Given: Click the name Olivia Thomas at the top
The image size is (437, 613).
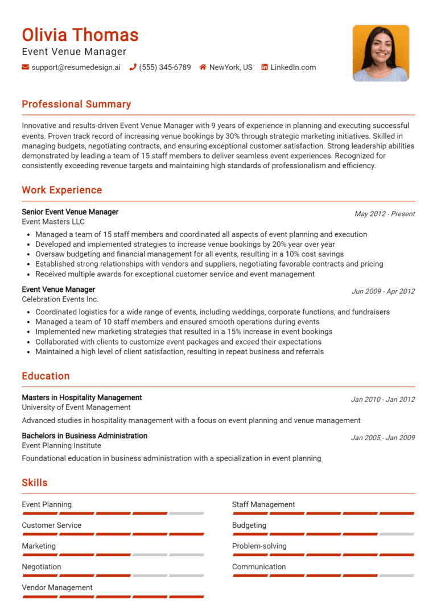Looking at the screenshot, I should pos(80,35).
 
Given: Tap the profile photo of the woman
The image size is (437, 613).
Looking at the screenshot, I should pos(381,53).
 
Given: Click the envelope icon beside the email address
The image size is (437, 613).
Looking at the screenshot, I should pos(25,67).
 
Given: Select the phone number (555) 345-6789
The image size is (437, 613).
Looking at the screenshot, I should pos(164,67).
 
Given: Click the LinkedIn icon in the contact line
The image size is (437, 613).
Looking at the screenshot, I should pos(265,67).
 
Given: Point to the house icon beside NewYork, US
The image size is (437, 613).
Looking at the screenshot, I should pos(203,67).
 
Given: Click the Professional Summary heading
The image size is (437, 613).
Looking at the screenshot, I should pos(76,104).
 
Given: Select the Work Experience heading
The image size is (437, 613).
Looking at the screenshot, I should pos(61,190).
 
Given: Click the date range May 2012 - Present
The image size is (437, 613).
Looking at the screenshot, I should pos(385,214).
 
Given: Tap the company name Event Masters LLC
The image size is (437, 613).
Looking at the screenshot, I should pos(53,222).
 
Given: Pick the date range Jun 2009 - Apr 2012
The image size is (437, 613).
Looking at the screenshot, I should pos(383,291).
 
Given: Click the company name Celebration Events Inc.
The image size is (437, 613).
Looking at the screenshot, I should pos(60,299).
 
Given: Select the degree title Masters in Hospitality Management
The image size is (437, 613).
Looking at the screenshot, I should pos(82,397).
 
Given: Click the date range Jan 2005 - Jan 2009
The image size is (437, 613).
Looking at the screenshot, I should pos(383,438).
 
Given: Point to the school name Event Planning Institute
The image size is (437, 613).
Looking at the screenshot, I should pos(61,446).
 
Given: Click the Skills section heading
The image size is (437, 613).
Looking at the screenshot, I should pos(35,483).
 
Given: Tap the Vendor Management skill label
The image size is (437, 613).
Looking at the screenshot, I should pos(57,587).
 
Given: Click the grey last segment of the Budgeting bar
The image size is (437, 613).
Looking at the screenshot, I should pos(397,534).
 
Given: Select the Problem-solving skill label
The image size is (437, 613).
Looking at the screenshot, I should pos(259,546).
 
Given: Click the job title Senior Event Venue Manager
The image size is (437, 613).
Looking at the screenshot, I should pos(70,212).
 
